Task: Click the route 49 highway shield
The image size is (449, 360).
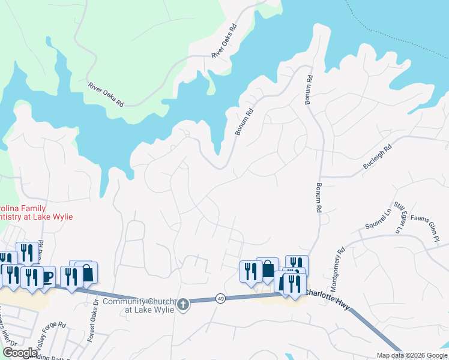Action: [x=221, y=299]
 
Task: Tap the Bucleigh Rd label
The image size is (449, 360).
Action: [x=378, y=156]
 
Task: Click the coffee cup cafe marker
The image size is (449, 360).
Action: [x=47, y=276]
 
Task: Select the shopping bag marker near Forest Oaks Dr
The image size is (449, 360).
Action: [x=88, y=272]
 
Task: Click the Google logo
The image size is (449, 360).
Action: [x=20, y=353]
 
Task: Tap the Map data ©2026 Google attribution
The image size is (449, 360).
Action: [x=412, y=355]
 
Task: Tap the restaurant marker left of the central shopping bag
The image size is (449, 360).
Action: [x=249, y=270]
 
